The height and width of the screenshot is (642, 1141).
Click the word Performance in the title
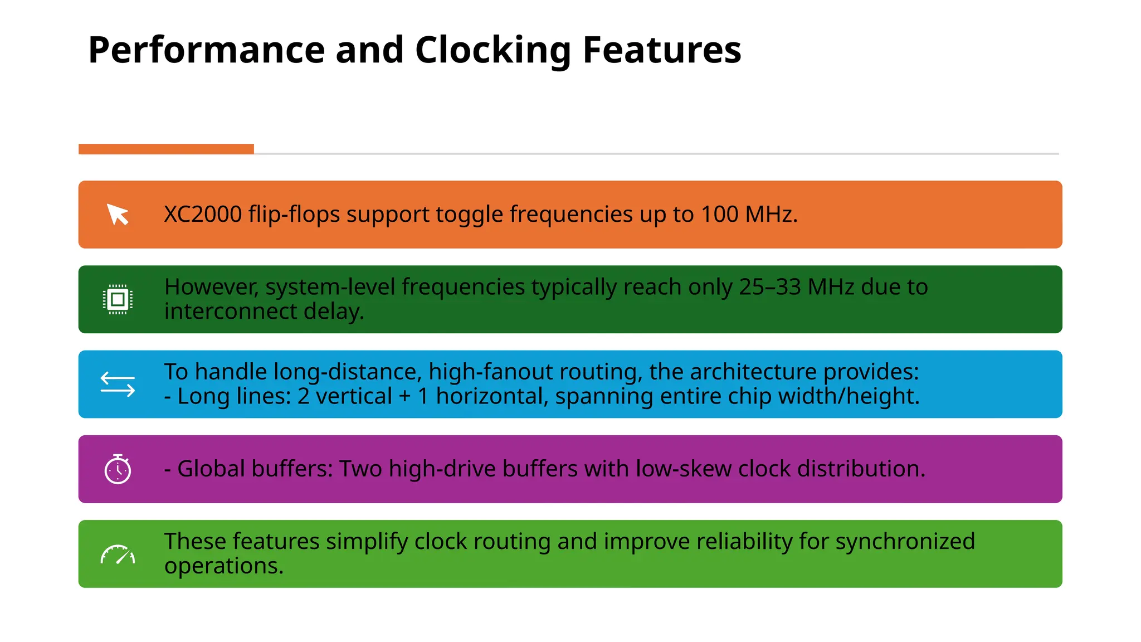pos(207,50)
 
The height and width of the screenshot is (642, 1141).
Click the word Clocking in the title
pos(493,50)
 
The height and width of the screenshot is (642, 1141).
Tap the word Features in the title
pos(662,50)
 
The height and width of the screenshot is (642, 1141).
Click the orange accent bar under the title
pos(166,149)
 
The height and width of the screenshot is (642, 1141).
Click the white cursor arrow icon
pos(118,215)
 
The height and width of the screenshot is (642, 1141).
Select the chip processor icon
pos(118,300)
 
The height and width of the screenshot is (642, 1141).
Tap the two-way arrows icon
pos(118,385)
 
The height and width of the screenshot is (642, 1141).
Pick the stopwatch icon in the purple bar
pos(118,469)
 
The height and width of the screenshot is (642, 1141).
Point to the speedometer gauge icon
pos(118,555)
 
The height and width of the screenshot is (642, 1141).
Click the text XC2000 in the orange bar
pos(203,215)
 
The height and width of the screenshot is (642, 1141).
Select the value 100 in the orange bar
pos(719,215)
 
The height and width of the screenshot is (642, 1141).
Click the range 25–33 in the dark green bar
pos(770,287)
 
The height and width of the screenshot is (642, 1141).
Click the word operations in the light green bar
pos(223,566)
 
